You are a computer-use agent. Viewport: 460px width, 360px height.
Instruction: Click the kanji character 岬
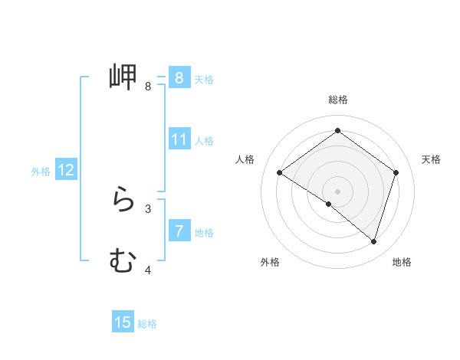coord(123,77)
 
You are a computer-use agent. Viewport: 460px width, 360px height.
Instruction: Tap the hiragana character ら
coord(123,201)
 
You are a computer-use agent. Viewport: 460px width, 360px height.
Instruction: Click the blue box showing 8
coord(179,78)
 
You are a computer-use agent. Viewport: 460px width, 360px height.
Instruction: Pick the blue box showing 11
coord(179,140)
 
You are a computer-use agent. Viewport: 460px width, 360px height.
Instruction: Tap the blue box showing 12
coord(66,171)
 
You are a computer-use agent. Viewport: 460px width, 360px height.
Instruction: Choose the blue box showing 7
coord(179,231)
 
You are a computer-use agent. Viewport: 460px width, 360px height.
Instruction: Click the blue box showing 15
coord(123,323)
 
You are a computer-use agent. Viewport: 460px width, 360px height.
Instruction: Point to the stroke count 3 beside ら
coord(148,208)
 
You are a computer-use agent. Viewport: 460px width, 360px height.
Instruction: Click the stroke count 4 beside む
coord(148,270)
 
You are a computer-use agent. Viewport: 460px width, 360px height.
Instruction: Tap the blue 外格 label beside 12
coord(41,172)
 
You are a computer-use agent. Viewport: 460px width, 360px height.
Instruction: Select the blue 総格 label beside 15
coord(147,324)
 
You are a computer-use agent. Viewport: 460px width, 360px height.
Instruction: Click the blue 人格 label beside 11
coord(204,141)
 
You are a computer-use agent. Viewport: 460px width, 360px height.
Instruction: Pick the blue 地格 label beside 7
coord(204,232)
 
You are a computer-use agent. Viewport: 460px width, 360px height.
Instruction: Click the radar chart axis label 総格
coord(338,100)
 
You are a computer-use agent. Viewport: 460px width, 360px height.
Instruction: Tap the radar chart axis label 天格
coord(432,159)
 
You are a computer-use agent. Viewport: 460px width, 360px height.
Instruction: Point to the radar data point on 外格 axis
coord(329,204)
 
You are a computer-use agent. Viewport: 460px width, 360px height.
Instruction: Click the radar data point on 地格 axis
coord(374,241)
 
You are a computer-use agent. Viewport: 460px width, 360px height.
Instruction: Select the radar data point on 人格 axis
coord(279,172)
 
